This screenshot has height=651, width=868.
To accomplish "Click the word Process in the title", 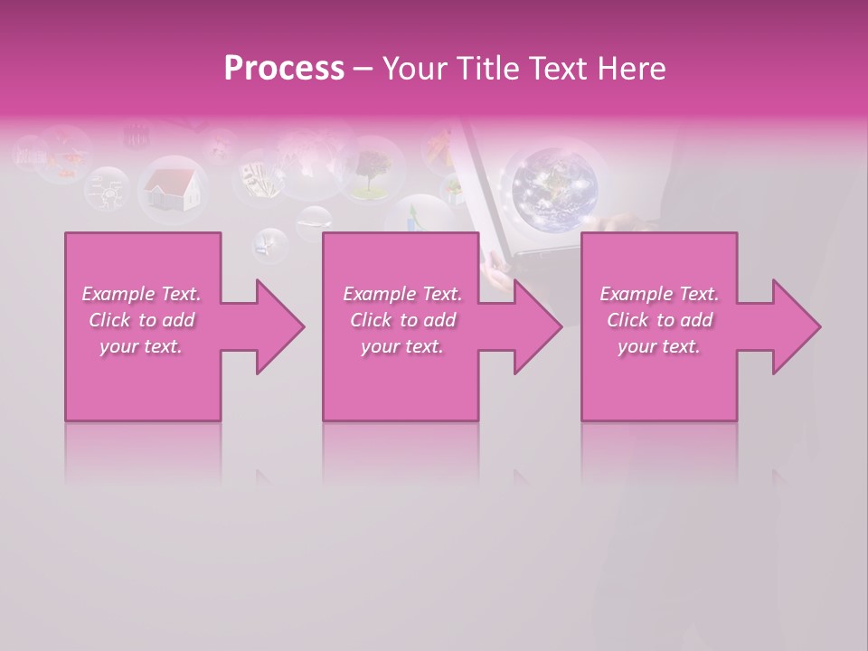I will [x=284, y=69].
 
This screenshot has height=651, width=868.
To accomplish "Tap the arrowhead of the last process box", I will [x=796, y=326].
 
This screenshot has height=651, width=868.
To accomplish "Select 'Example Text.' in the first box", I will [x=141, y=294].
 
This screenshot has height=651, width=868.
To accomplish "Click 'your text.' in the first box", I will [x=141, y=346].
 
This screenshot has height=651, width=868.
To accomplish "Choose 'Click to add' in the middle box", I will [x=402, y=320].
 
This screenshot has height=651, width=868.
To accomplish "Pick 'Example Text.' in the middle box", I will [x=402, y=294].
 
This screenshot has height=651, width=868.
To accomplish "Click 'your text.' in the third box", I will [x=659, y=346].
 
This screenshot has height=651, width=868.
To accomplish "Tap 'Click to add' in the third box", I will [x=659, y=320].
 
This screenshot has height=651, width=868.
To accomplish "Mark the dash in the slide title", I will [x=363, y=70].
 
